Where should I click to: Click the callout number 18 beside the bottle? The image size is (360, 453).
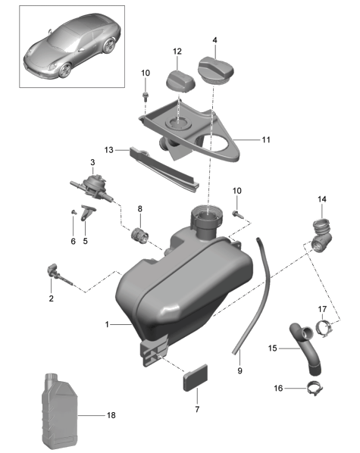tap(111, 415)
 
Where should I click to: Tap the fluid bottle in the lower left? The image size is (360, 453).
tap(60, 413)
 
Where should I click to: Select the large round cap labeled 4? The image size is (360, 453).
tap(215, 70)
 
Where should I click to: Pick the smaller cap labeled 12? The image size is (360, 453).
tap(180, 80)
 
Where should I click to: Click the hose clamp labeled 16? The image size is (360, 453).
tap(315, 389)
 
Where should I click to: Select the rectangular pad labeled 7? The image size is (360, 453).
tap(196, 377)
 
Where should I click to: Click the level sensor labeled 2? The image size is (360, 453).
tap(58, 275)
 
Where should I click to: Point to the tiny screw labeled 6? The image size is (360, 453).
tap(74, 212)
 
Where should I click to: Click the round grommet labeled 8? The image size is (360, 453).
tap(140, 236)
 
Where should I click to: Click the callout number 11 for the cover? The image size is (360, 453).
tap(266, 140)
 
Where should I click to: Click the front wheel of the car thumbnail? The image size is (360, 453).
tap(65, 70)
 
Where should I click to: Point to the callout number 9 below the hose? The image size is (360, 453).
tap(239, 370)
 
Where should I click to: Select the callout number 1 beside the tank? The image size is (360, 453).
tap(107, 324)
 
